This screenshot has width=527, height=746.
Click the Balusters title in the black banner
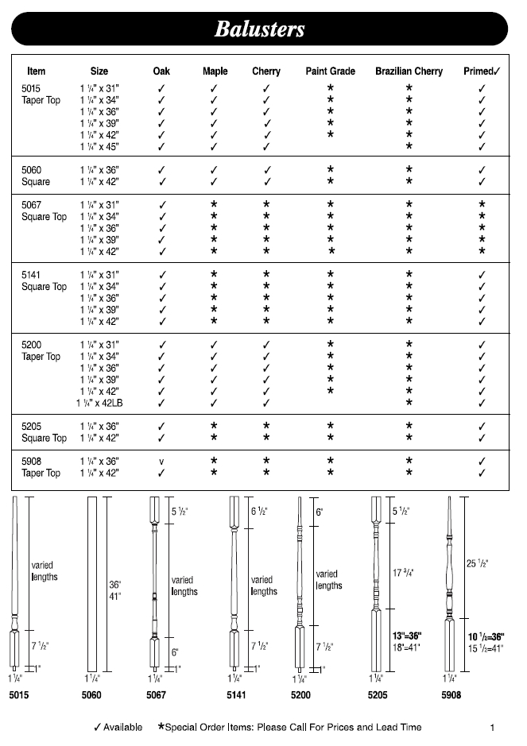click(x=259, y=29)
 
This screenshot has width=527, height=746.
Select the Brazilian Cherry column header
click(x=409, y=72)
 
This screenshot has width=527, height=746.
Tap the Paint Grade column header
click(x=330, y=72)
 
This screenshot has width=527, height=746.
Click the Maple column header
click(x=215, y=72)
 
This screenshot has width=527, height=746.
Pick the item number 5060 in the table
click(x=32, y=170)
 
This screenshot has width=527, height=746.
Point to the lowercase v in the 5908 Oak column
click(x=161, y=462)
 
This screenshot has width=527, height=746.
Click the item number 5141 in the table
click(x=32, y=274)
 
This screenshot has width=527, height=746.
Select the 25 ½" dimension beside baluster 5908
click(x=477, y=563)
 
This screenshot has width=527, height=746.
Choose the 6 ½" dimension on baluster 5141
click(x=259, y=512)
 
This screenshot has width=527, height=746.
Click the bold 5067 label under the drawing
click(x=157, y=696)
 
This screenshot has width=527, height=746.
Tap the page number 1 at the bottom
click(x=493, y=727)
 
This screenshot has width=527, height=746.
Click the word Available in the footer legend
click(x=122, y=727)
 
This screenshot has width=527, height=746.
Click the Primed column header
click(x=481, y=72)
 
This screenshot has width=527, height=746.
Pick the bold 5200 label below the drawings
click(x=299, y=696)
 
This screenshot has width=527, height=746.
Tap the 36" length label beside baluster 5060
click(x=114, y=585)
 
